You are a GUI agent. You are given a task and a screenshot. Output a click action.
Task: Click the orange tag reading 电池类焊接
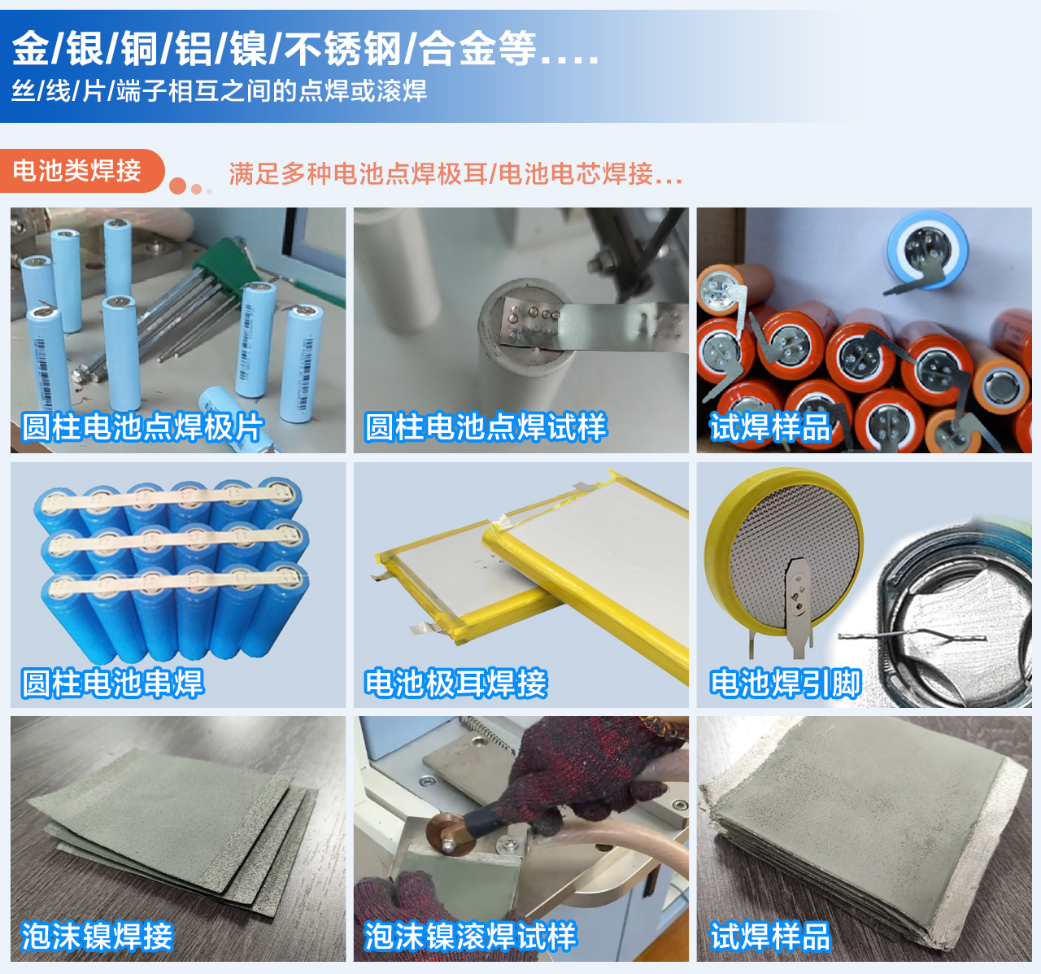[x=82, y=170]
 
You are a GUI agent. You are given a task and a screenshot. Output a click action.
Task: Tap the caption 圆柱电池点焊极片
[x=142, y=427]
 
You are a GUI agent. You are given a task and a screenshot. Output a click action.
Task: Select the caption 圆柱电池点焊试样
[x=486, y=427]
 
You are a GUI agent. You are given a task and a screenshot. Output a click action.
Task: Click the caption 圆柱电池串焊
[x=112, y=683]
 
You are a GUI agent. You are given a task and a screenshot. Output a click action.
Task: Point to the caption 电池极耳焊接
[x=455, y=683]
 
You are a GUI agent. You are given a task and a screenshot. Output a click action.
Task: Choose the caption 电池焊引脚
[x=785, y=683]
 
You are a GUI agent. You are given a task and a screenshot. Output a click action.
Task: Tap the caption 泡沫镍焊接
[x=97, y=937]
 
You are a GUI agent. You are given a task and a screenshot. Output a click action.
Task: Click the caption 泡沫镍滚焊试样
[x=470, y=937]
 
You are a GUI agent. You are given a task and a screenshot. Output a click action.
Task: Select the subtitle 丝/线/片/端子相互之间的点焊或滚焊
[x=219, y=91]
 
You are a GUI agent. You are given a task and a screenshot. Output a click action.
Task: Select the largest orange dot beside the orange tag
[x=177, y=186]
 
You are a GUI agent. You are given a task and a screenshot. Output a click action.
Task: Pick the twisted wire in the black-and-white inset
[x=912, y=636]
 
